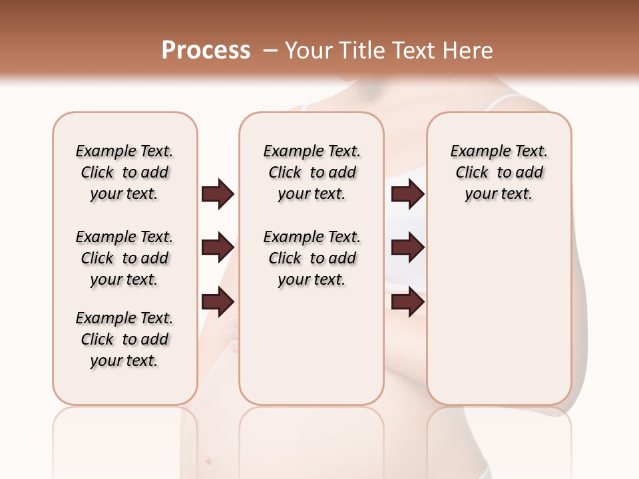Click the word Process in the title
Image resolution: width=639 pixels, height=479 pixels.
click(206, 51)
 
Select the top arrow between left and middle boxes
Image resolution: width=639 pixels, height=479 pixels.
click(218, 194)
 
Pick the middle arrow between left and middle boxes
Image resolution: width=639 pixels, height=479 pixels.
click(218, 248)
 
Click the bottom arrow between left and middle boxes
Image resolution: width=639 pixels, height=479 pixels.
click(218, 302)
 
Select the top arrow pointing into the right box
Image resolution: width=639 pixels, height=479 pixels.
click(407, 194)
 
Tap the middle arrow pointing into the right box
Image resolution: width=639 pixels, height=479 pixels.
click(407, 248)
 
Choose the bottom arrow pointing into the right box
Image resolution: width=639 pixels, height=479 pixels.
click(407, 302)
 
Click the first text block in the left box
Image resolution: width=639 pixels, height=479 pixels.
click(124, 172)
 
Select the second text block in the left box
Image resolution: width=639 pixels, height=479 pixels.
click(124, 258)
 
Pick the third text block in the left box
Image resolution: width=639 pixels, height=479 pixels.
click(124, 339)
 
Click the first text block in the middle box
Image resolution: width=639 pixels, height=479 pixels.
click(312, 172)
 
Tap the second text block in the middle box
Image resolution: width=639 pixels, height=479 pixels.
click(312, 258)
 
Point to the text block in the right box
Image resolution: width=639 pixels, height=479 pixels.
click(499, 172)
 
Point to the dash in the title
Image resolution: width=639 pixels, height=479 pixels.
click(270, 51)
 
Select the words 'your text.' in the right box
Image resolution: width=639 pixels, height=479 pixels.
click(499, 194)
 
